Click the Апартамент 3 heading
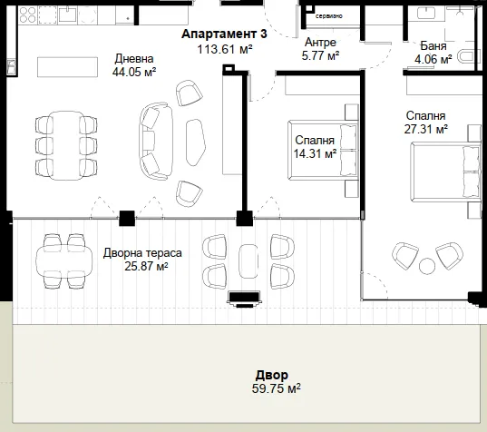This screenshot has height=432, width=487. point(224,34)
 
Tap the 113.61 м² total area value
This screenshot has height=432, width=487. point(225,49)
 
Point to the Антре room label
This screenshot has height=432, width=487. point(320,43)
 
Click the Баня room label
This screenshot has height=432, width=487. point(433,45)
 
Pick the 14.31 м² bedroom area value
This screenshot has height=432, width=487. point(315,153)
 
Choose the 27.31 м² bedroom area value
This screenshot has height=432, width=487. point(425,129)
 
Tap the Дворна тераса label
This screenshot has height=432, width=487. point(142,253)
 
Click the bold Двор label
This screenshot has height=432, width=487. point(272,376)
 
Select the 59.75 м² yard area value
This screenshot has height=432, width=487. point(276,388)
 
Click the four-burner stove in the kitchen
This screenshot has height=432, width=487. point(27,15)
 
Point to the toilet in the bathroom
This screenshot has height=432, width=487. point(466,57)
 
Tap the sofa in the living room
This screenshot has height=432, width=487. point(156,141)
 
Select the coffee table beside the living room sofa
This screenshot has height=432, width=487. point(196,142)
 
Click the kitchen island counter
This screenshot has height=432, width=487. point(68,67)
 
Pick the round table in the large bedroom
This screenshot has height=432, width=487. point(427,266)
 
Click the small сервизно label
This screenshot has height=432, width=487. point(329,15)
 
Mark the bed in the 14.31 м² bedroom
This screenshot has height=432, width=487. point(323,151)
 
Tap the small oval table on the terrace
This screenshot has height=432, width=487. point(248,261)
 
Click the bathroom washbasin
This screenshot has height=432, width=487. point(426,13)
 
